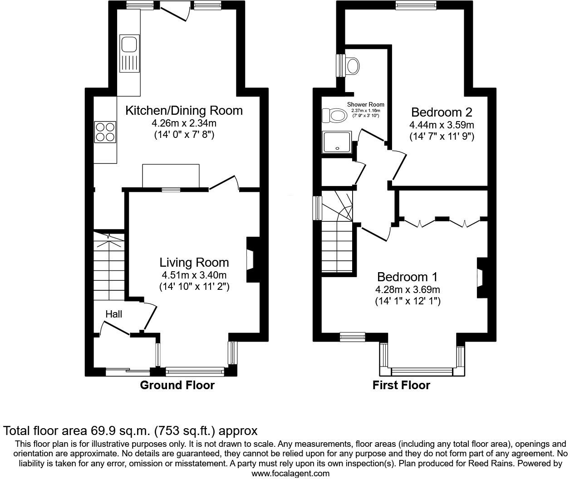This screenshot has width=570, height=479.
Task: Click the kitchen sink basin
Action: [128, 45]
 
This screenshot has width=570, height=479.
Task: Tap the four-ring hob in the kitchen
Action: [105, 132]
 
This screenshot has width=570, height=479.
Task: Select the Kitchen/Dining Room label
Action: [184, 111]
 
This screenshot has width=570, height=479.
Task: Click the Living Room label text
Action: [194, 263]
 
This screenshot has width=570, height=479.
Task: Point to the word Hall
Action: [113, 314]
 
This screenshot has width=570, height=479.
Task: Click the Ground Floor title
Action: [177, 386]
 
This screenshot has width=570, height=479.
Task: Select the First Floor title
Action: [401, 386]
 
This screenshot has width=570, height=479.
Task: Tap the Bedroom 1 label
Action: [407, 277]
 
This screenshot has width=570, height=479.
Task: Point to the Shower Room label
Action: [366, 104]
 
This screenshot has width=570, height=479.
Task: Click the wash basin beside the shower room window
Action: [352, 65]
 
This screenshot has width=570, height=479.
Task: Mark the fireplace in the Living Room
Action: [251, 260]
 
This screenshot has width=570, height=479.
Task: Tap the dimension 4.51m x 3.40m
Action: [194, 275]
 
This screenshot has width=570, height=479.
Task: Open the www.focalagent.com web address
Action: [290, 473]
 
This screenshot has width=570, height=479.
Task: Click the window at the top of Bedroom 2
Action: [416, 5]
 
